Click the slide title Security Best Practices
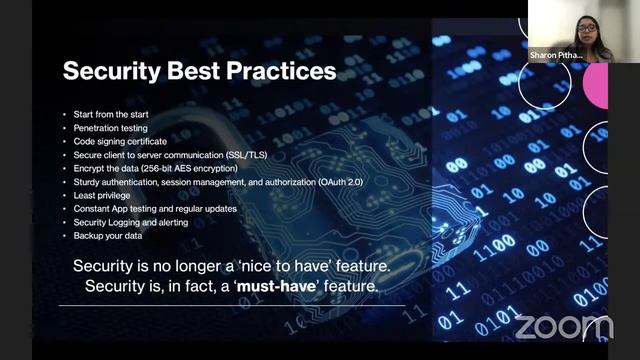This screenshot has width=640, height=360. (x=200, y=73)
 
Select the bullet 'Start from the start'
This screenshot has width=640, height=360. (x=108, y=115)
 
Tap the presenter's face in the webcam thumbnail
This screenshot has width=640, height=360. (x=587, y=26)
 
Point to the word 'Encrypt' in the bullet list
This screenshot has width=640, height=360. (x=88, y=169)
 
